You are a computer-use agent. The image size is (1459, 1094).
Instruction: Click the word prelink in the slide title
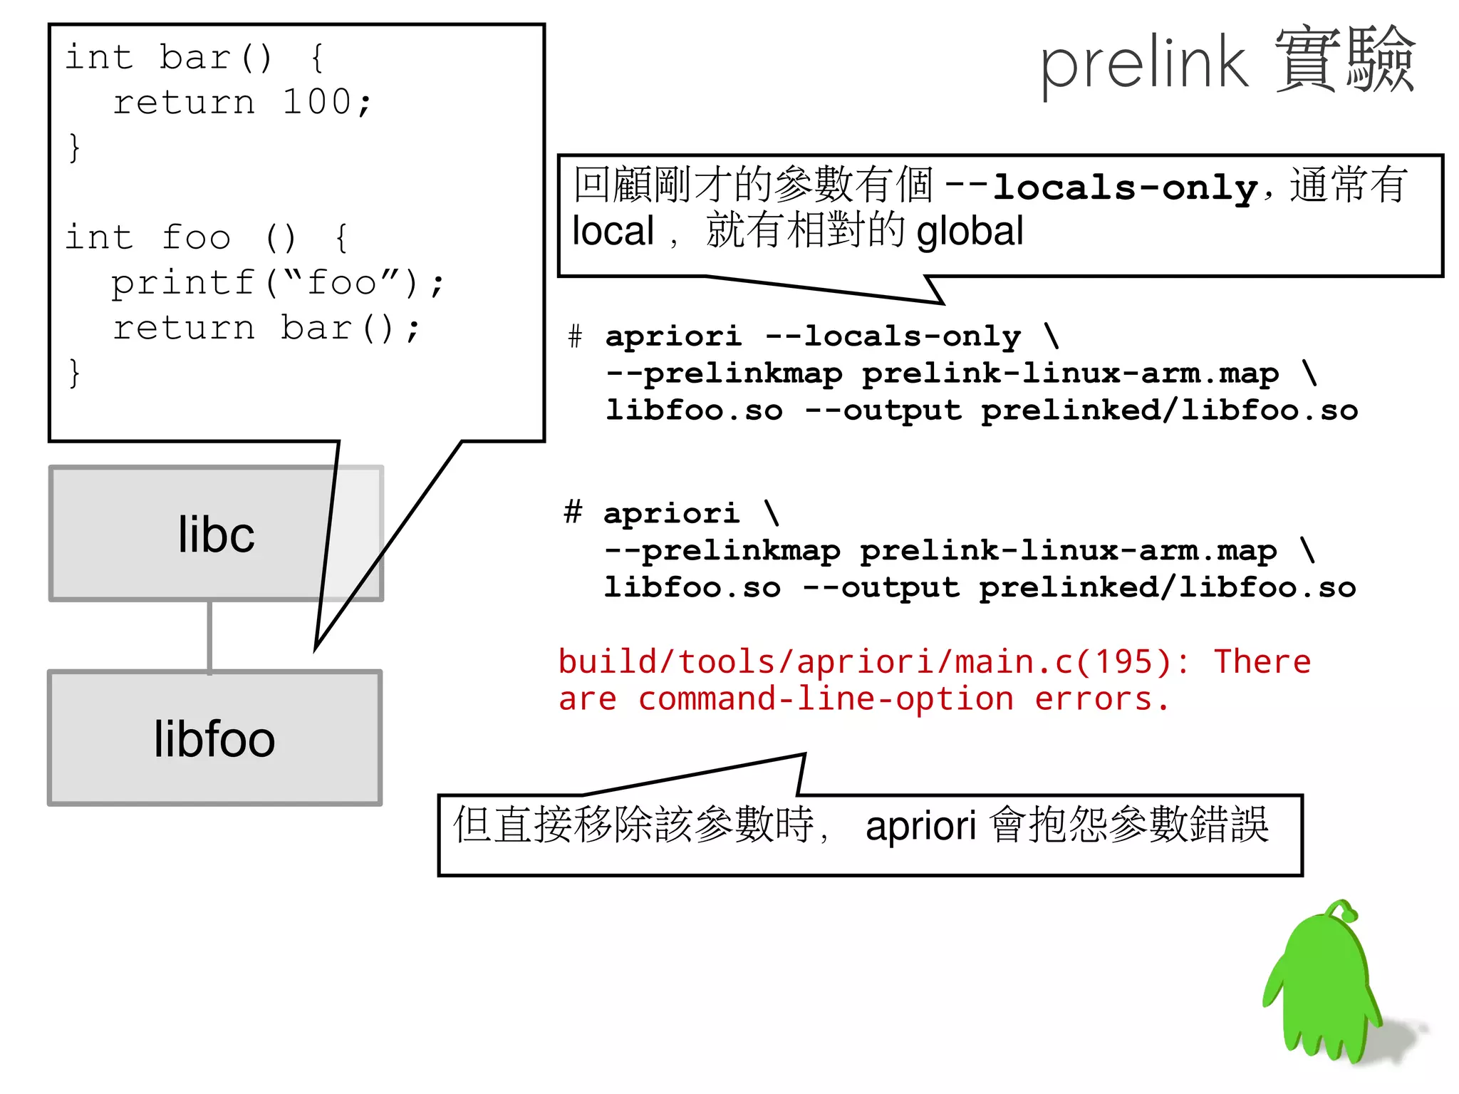tap(1143, 64)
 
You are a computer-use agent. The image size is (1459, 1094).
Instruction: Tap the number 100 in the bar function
tap(316, 102)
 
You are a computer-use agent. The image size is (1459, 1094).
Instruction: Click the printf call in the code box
tap(182, 283)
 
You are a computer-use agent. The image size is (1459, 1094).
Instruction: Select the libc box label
tap(216, 535)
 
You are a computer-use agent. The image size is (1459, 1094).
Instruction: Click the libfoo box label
tap(214, 739)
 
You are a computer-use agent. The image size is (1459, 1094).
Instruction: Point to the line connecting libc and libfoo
tap(209, 636)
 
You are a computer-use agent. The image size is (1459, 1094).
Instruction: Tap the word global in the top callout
tap(970, 232)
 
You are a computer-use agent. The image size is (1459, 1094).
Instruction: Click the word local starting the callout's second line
tap(613, 232)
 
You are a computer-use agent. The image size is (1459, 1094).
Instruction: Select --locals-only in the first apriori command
tap(893, 336)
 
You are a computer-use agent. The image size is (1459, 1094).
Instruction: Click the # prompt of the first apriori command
tap(576, 336)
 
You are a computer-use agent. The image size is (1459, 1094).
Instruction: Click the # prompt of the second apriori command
tap(573, 512)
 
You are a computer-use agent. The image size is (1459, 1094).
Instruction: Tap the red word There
tap(1262, 662)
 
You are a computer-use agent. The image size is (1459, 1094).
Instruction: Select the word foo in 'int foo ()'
tap(197, 237)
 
